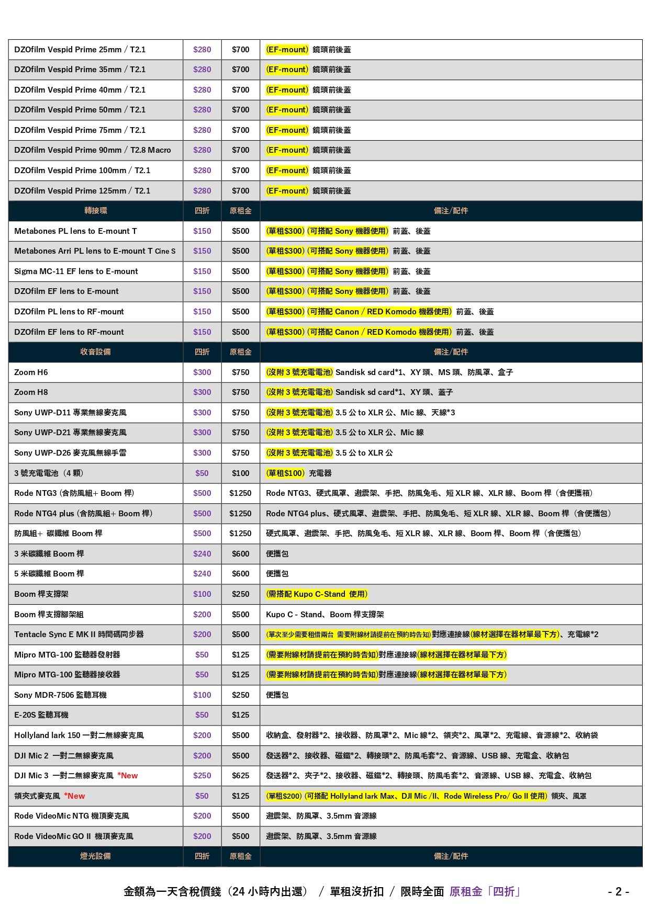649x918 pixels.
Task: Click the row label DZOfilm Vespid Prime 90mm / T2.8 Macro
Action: click(93, 150)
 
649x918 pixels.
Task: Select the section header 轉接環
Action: click(96, 211)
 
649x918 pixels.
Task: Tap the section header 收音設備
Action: click(96, 352)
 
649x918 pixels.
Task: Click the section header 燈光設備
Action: click(96, 856)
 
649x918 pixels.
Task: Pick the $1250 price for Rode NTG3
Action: click(240, 493)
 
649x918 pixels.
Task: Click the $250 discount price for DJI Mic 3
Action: click(202, 776)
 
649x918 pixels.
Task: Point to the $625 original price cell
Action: click(240, 776)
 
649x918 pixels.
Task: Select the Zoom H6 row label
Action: click(31, 372)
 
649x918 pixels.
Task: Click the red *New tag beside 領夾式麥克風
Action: click(74, 796)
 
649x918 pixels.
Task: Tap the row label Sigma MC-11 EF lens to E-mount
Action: click(76, 271)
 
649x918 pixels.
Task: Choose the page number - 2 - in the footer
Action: click(618, 892)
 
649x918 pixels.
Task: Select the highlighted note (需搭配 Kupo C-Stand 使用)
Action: click(317, 594)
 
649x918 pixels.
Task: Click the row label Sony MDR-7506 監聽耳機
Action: click(61, 695)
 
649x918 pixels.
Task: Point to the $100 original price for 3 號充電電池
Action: click(240, 473)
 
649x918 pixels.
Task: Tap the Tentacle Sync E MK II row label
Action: click(79, 634)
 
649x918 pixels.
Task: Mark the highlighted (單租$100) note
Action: click(285, 473)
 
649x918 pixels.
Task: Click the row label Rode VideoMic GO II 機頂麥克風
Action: click(74, 836)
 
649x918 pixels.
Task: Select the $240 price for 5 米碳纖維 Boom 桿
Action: click(202, 574)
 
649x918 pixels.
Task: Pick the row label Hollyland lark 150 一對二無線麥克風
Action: click(79, 735)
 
